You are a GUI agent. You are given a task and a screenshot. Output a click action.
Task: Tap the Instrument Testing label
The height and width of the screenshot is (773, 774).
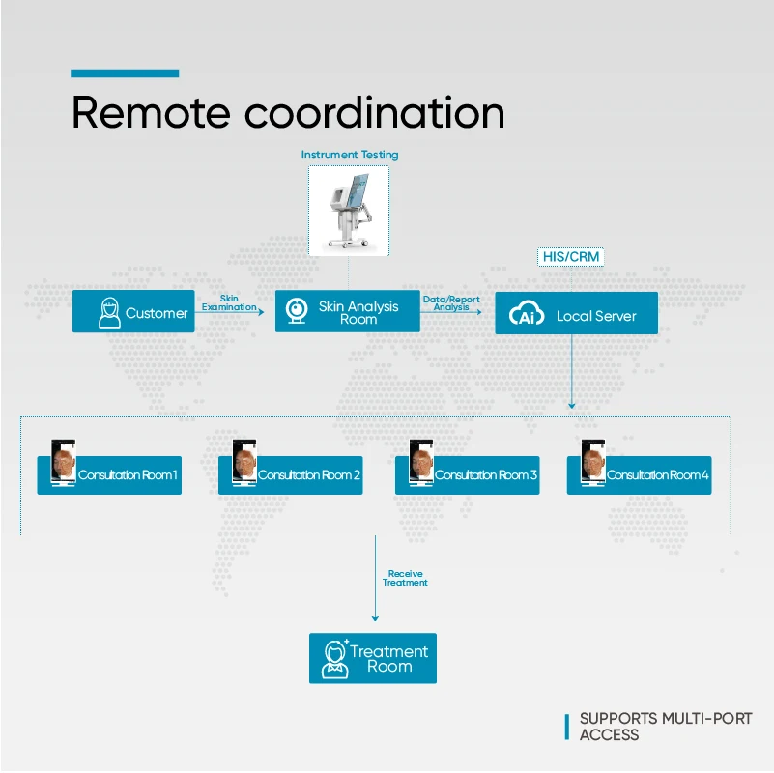349,155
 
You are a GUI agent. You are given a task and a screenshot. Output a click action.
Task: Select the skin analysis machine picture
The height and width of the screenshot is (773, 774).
349,211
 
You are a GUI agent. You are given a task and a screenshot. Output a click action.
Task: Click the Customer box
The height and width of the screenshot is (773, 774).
133,312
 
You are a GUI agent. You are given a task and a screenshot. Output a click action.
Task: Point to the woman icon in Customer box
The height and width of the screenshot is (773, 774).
110,312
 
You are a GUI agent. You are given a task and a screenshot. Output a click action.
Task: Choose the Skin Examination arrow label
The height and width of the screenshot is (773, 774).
229,303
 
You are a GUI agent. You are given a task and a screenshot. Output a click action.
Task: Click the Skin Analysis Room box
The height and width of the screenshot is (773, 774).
348,312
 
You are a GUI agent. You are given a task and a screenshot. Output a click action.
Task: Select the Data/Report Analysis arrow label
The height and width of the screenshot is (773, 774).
451,303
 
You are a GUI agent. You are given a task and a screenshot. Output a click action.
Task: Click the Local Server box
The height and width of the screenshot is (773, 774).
576,315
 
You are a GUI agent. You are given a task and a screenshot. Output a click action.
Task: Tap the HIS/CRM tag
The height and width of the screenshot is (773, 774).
571,258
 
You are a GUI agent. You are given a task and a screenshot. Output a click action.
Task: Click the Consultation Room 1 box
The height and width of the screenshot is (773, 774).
109,475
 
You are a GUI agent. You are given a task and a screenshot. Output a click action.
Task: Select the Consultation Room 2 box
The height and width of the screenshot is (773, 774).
291,475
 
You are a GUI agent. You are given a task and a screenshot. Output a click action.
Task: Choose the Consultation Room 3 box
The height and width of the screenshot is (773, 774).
468,475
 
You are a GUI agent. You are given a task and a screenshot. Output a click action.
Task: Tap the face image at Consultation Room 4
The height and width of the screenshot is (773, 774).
592,462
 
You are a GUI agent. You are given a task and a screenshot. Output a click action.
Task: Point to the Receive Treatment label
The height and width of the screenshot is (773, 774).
405,578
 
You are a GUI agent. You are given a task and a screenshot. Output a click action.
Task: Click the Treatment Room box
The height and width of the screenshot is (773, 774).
373,658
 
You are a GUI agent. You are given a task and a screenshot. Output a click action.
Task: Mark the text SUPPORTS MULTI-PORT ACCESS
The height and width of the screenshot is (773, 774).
665,727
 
